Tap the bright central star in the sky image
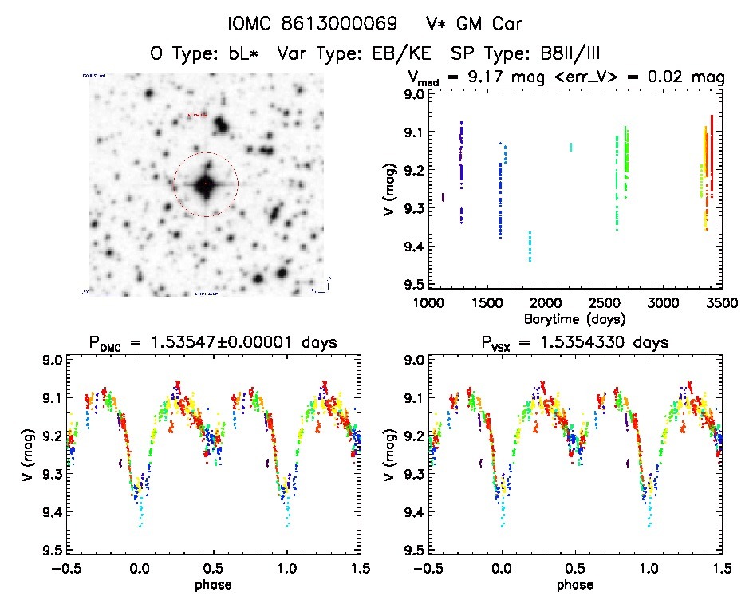tap(205, 185)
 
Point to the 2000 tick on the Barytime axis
tap(546, 303)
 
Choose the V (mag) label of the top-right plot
tap(390, 189)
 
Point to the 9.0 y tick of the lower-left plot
tap(52, 360)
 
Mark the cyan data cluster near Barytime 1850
tap(530, 246)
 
